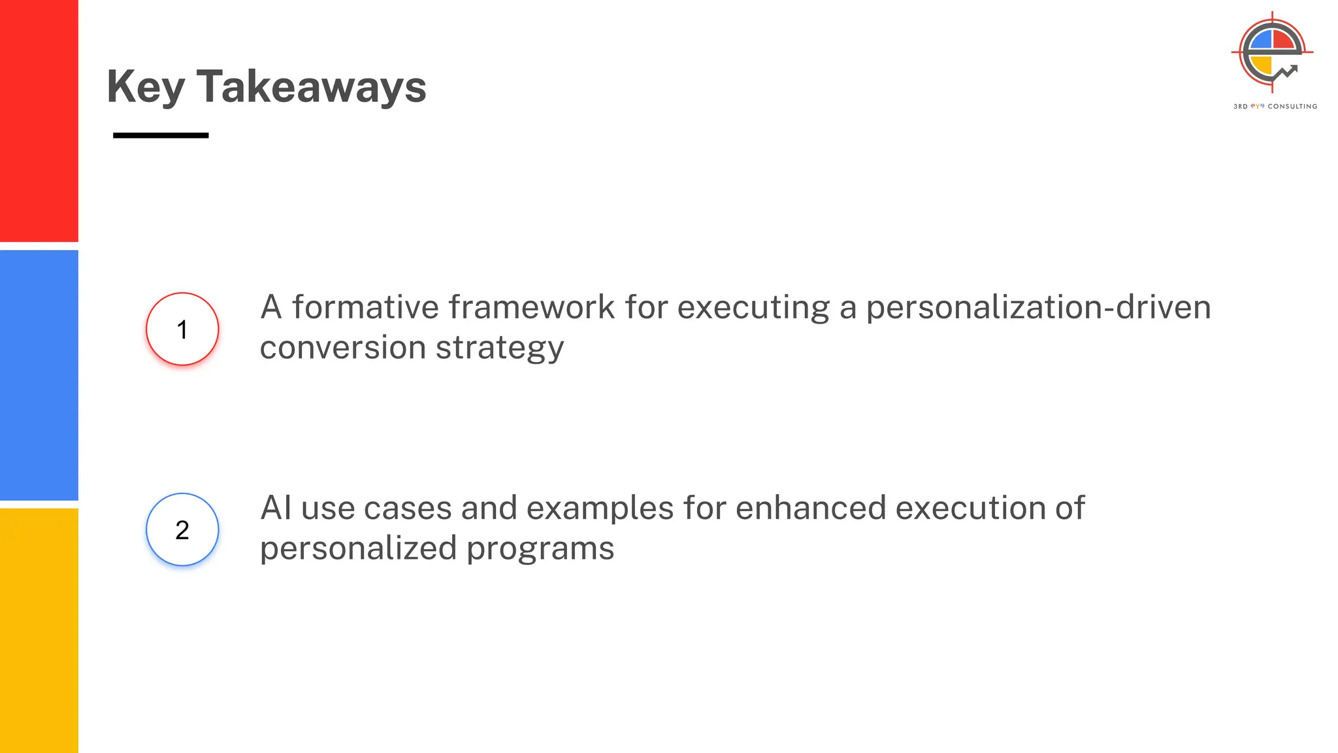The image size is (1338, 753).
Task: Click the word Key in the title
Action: pyautogui.click(x=146, y=87)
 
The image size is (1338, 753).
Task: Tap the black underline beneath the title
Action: pyautogui.click(x=161, y=135)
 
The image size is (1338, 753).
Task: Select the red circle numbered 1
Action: pyautogui.click(x=182, y=329)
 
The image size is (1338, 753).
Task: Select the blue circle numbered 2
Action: pyautogui.click(x=182, y=529)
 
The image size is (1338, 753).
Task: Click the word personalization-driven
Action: pyautogui.click(x=1038, y=307)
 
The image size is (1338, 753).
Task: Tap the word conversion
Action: pyautogui.click(x=342, y=348)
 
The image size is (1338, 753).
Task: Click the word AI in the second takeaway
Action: pyautogui.click(x=276, y=508)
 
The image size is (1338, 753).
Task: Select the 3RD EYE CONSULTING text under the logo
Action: pyautogui.click(x=1275, y=106)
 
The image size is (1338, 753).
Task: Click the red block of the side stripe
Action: pyautogui.click(x=39, y=121)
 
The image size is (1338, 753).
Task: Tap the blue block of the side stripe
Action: pyautogui.click(x=39, y=375)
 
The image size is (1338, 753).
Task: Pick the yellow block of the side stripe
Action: pyautogui.click(x=39, y=630)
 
